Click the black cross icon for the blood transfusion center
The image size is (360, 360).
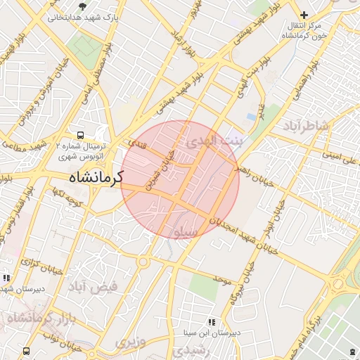pos(304,15)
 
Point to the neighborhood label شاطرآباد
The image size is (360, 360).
pos(305,126)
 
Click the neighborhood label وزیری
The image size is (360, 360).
pos(130,342)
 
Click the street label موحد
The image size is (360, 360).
pos(224,281)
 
